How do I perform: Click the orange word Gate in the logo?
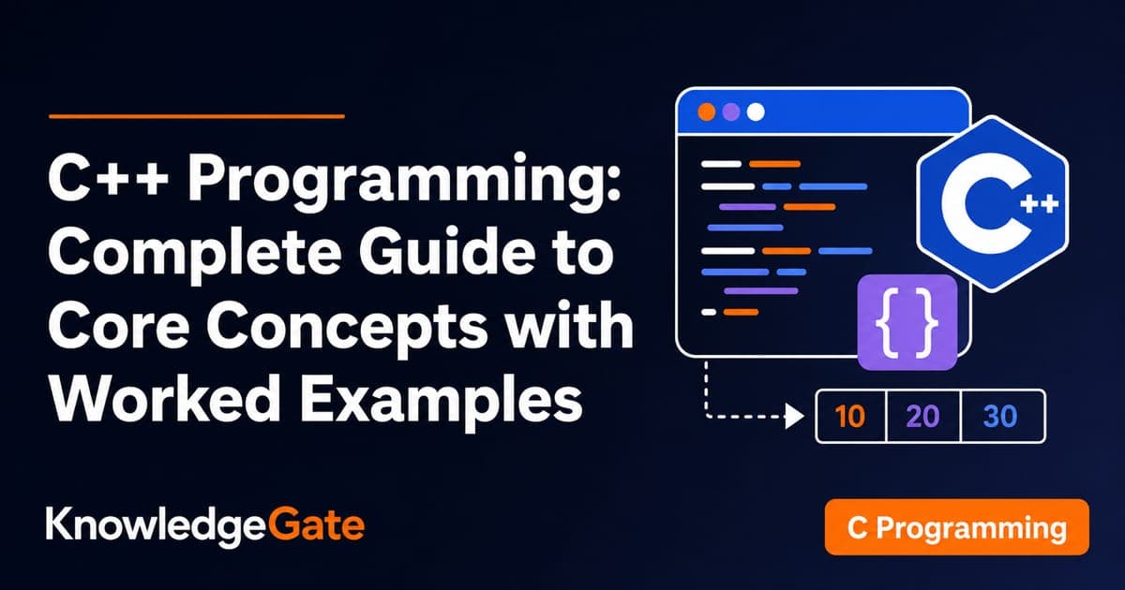tap(317, 524)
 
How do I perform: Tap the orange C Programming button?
tap(957, 526)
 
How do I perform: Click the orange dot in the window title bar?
tap(707, 111)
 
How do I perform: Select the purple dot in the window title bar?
tap(730, 111)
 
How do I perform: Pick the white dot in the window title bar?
tap(756, 111)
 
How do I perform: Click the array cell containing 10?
tap(851, 417)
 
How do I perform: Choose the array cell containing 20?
tap(923, 417)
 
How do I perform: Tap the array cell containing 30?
tap(1003, 417)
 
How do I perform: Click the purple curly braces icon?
tap(907, 322)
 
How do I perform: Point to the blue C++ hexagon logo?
tap(993, 204)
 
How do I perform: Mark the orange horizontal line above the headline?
tap(197, 116)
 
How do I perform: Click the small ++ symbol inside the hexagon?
tap(1039, 205)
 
